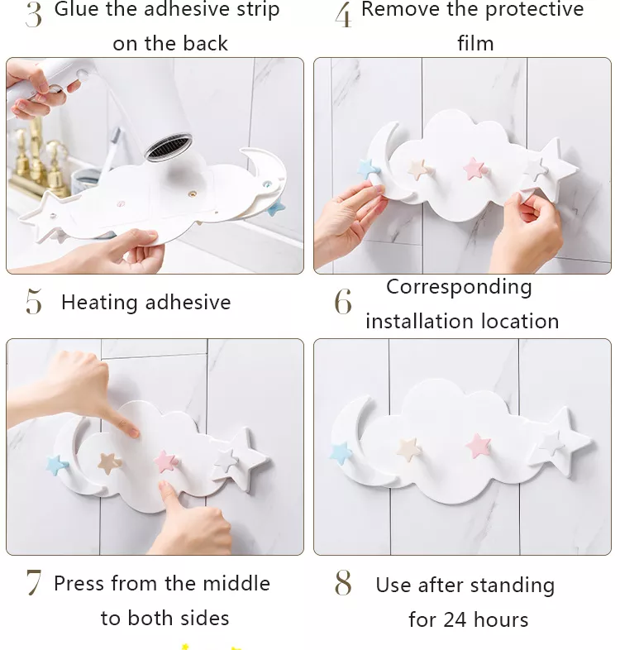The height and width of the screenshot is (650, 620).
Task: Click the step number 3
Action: [x=33, y=15]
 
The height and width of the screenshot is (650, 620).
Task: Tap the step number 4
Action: [x=343, y=15]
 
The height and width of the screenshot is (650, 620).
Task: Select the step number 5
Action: [x=33, y=303]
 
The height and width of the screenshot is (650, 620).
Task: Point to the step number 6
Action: [x=342, y=303]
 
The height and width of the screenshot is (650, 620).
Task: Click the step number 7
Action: [x=33, y=583]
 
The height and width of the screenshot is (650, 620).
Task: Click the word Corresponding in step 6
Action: [x=459, y=287]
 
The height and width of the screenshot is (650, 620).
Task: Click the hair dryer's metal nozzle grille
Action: [x=170, y=149]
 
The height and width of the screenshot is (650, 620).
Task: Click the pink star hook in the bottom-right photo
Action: [x=479, y=446]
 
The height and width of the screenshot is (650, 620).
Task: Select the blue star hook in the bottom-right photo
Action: [x=341, y=452]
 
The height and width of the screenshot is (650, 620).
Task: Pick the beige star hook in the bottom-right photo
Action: [x=410, y=448]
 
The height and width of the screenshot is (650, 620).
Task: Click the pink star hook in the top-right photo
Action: [x=475, y=169]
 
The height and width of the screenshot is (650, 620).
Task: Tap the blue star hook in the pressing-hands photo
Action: [x=56, y=465]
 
